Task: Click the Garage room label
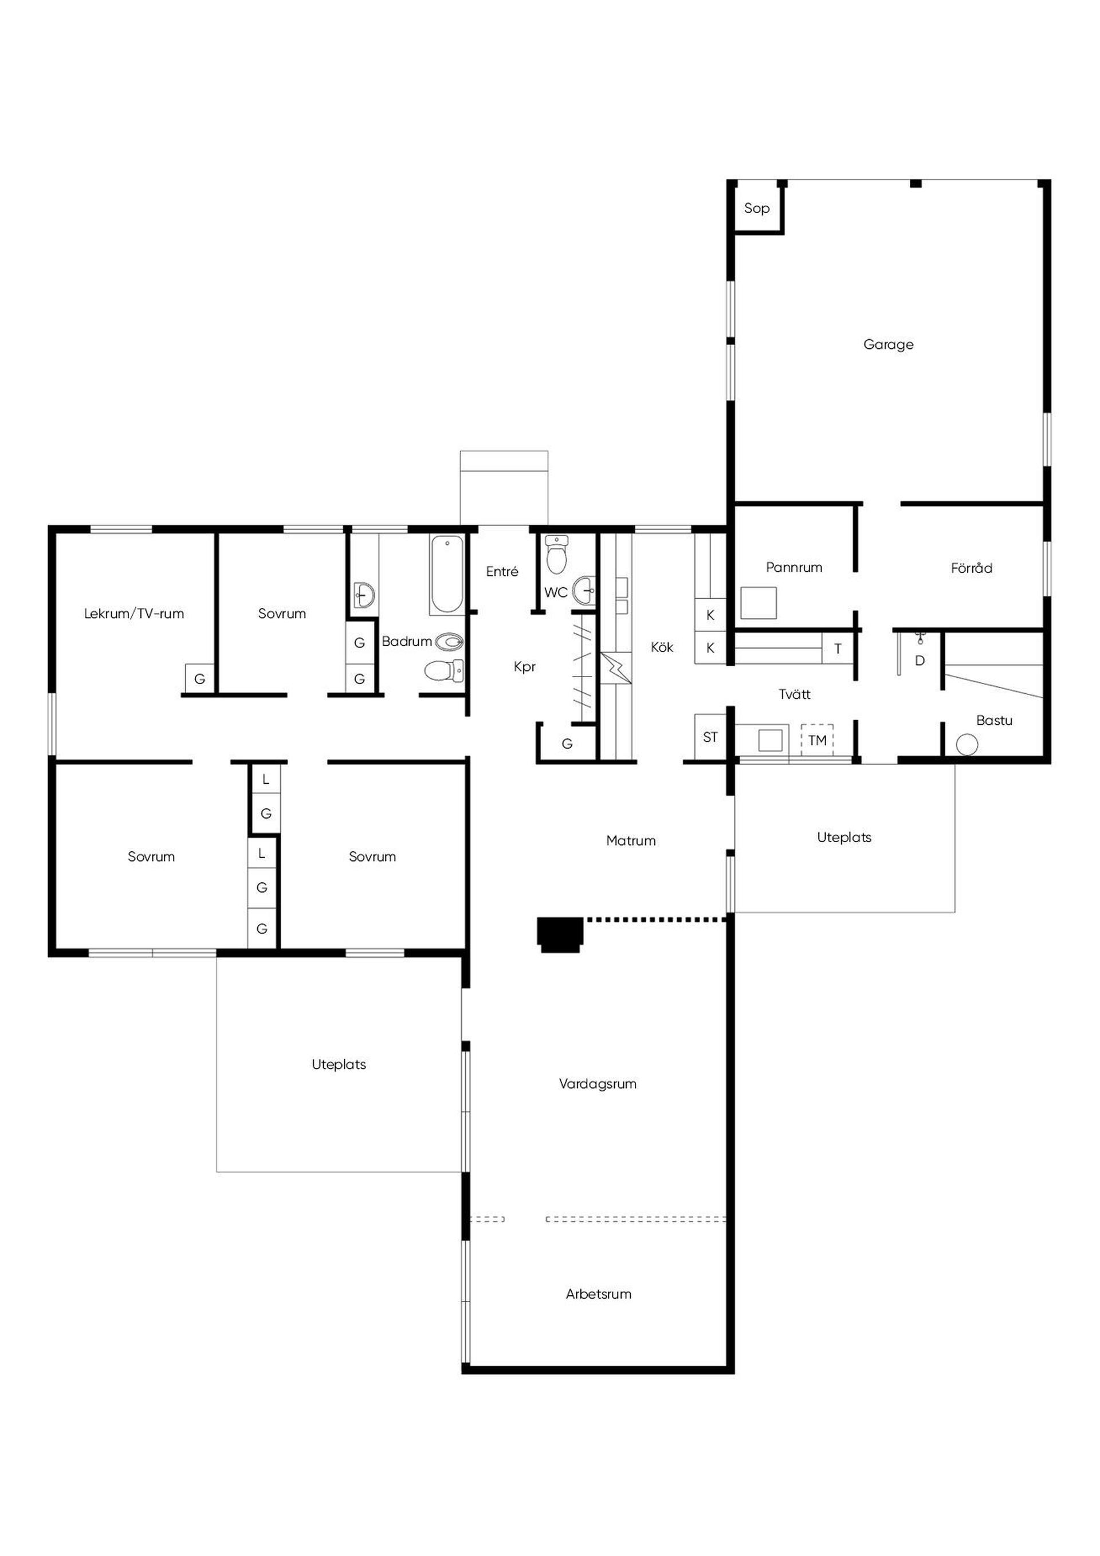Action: coord(888,344)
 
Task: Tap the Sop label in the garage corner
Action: coord(756,208)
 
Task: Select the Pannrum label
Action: coord(793,567)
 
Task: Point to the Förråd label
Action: coord(971,568)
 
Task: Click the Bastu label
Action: coord(993,720)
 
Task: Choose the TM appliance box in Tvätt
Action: coord(817,740)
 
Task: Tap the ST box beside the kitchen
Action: coord(710,737)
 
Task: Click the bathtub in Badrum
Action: coord(447,575)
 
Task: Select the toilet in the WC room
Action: coord(556,555)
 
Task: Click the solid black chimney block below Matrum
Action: coord(560,934)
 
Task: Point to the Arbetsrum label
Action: coord(599,1294)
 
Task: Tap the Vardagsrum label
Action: coord(597,1084)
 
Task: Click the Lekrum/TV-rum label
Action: coord(133,614)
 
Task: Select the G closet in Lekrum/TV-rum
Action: coord(200,678)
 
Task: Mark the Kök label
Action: coord(662,647)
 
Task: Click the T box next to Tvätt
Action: coord(838,649)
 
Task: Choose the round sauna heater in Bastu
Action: coord(967,745)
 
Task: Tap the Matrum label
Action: coord(630,840)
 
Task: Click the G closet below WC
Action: coord(567,744)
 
